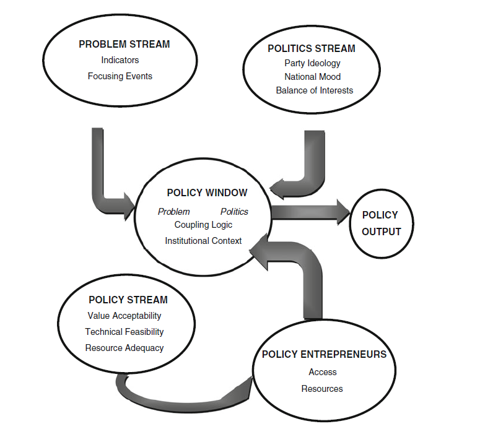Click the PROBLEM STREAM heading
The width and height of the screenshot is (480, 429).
click(124, 45)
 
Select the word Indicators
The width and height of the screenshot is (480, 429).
click(120, 60)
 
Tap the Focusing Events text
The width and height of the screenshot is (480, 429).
click(120, 76)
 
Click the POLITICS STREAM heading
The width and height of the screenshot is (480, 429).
click(312, 49)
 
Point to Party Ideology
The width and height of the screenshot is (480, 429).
click(313, 63)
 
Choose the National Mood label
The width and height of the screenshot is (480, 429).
click(313, 77)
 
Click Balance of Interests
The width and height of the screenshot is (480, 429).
click(315, 90)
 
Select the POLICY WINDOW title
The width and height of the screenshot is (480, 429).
click(207, 193)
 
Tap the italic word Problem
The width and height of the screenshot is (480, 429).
click(174, 212)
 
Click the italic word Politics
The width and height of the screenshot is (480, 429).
click(235, 212)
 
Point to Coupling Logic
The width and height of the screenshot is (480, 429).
click(203, 225)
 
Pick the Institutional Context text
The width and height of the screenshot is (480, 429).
click(203, 241)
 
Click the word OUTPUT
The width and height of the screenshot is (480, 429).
click(382, 232)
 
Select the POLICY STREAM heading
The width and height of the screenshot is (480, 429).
click(128, 300)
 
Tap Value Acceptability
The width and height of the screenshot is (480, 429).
click(124, 316)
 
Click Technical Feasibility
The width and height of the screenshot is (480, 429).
click(124, 332)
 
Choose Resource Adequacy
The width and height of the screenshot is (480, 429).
click(124, 349)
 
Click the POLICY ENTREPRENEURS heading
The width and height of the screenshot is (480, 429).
click(324, 354)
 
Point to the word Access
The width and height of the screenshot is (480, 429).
click(323, 372)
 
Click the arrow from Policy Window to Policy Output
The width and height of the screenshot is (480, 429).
click(310, 212)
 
